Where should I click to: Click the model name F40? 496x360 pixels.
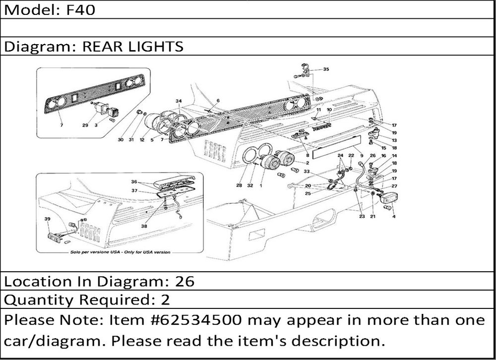click(x=80, y=10)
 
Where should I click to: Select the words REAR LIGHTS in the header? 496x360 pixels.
click(x=133, y=47)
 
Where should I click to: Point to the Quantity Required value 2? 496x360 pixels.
click(x=166, y=300)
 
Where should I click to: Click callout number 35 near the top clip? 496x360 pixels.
click(x=326, y=69)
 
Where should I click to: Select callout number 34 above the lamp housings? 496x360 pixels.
click(x=179, y=101)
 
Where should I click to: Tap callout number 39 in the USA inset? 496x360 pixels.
click(x=47, y=219)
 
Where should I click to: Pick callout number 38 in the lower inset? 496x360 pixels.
click(x=144, y=226)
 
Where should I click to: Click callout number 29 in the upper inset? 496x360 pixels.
click(x=85, y=125)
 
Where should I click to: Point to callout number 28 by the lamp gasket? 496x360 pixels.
click(x=239, y=185)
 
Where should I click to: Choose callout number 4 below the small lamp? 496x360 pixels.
click(x=394, y=216)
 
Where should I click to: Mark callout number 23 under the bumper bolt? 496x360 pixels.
click(x=362, y=216)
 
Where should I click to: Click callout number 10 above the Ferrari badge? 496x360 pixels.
click(x=329, y=110)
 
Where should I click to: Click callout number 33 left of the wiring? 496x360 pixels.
click(x=307, y=171)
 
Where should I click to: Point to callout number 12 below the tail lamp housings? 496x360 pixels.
click(x=142, y=139)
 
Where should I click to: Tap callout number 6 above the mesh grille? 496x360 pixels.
click(x=218, y=101)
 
